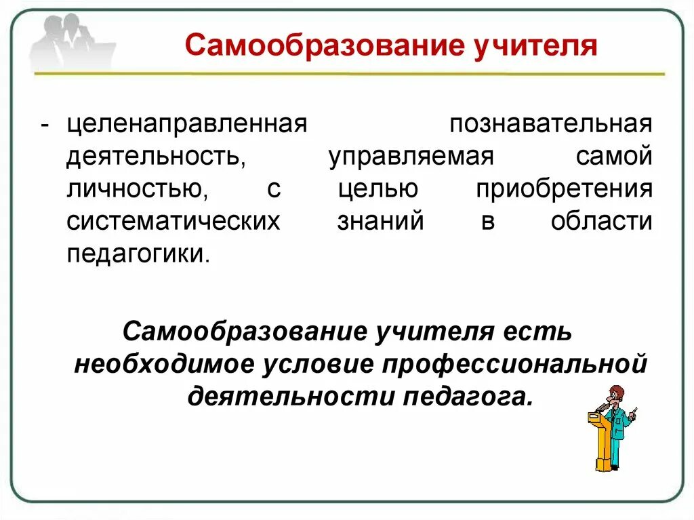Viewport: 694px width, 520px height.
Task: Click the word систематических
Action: pos(173,222)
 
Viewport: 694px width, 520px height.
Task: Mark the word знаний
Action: pos(380,222)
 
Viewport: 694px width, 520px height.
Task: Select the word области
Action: pos(602,222)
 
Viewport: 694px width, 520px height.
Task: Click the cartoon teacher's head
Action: pos(615,394)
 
